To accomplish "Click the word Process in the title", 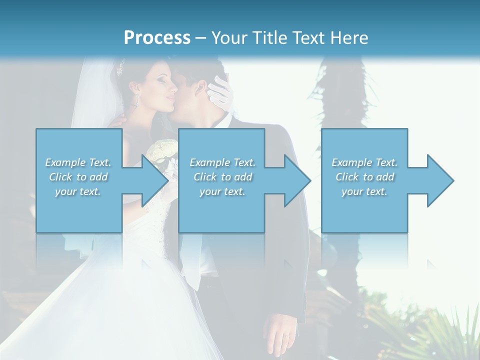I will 157,37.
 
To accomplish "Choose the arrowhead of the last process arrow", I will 439,180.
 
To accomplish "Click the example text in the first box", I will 78,177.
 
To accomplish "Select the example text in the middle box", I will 222,177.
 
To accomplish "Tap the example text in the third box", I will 364,177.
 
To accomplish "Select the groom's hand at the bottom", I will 280,335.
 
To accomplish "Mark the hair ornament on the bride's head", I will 120,68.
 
